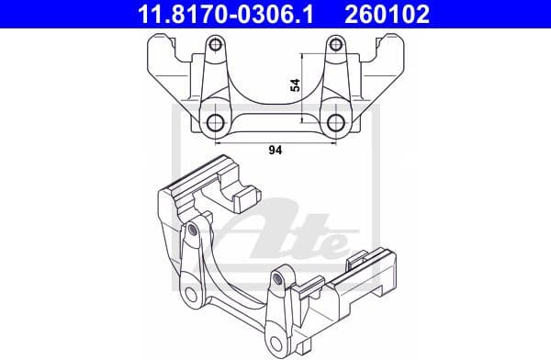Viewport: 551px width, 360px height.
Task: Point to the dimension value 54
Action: coord(295,84)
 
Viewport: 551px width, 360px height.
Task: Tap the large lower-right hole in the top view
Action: coord(336,124)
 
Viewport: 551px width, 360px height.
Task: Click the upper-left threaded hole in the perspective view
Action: coord(191,230)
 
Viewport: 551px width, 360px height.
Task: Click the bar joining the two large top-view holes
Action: coord(275,119)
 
